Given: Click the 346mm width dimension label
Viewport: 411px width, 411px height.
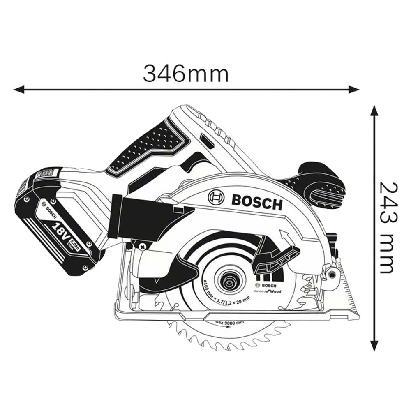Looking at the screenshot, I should coord(185,74).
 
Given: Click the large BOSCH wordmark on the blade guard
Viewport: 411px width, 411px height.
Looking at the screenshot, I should coord(257,202).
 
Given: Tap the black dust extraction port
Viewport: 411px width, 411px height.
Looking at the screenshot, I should coord(140,218).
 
